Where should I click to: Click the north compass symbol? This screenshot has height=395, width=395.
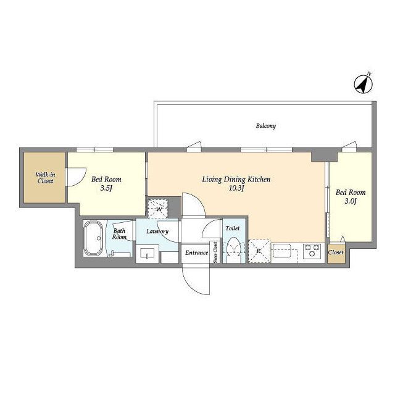(x=364, y=85)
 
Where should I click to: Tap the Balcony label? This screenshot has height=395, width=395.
(x=266, y=126)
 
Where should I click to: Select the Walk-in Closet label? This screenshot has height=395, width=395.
(x=45, y=178)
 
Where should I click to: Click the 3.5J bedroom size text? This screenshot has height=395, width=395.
(x=106, y=188)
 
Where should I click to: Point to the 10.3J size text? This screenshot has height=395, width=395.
(x=236, y=188)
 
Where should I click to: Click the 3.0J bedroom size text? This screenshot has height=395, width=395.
(x=351, y=201)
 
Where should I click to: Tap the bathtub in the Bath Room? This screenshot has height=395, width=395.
(x=93, y=238)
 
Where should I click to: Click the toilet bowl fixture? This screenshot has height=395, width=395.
(x=234, y=249)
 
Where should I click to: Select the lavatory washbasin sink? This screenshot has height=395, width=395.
(x=148, y=254)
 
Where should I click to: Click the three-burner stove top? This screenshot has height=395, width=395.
(x=312, y=251)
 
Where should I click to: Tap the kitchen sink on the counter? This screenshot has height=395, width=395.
(x=282, y=251)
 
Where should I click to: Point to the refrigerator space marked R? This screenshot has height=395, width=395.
(x=259, y=251)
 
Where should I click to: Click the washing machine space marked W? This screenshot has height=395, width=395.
(x=158, y=209)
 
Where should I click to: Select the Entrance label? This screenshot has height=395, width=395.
(x=196, y=252)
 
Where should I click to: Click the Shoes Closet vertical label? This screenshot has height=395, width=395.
(x=215, y=252)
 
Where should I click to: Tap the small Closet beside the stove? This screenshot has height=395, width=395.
(x=336, y=252)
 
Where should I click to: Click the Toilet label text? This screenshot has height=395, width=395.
(x=233, y=228)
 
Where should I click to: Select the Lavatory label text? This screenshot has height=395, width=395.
(x=157, y=231)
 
